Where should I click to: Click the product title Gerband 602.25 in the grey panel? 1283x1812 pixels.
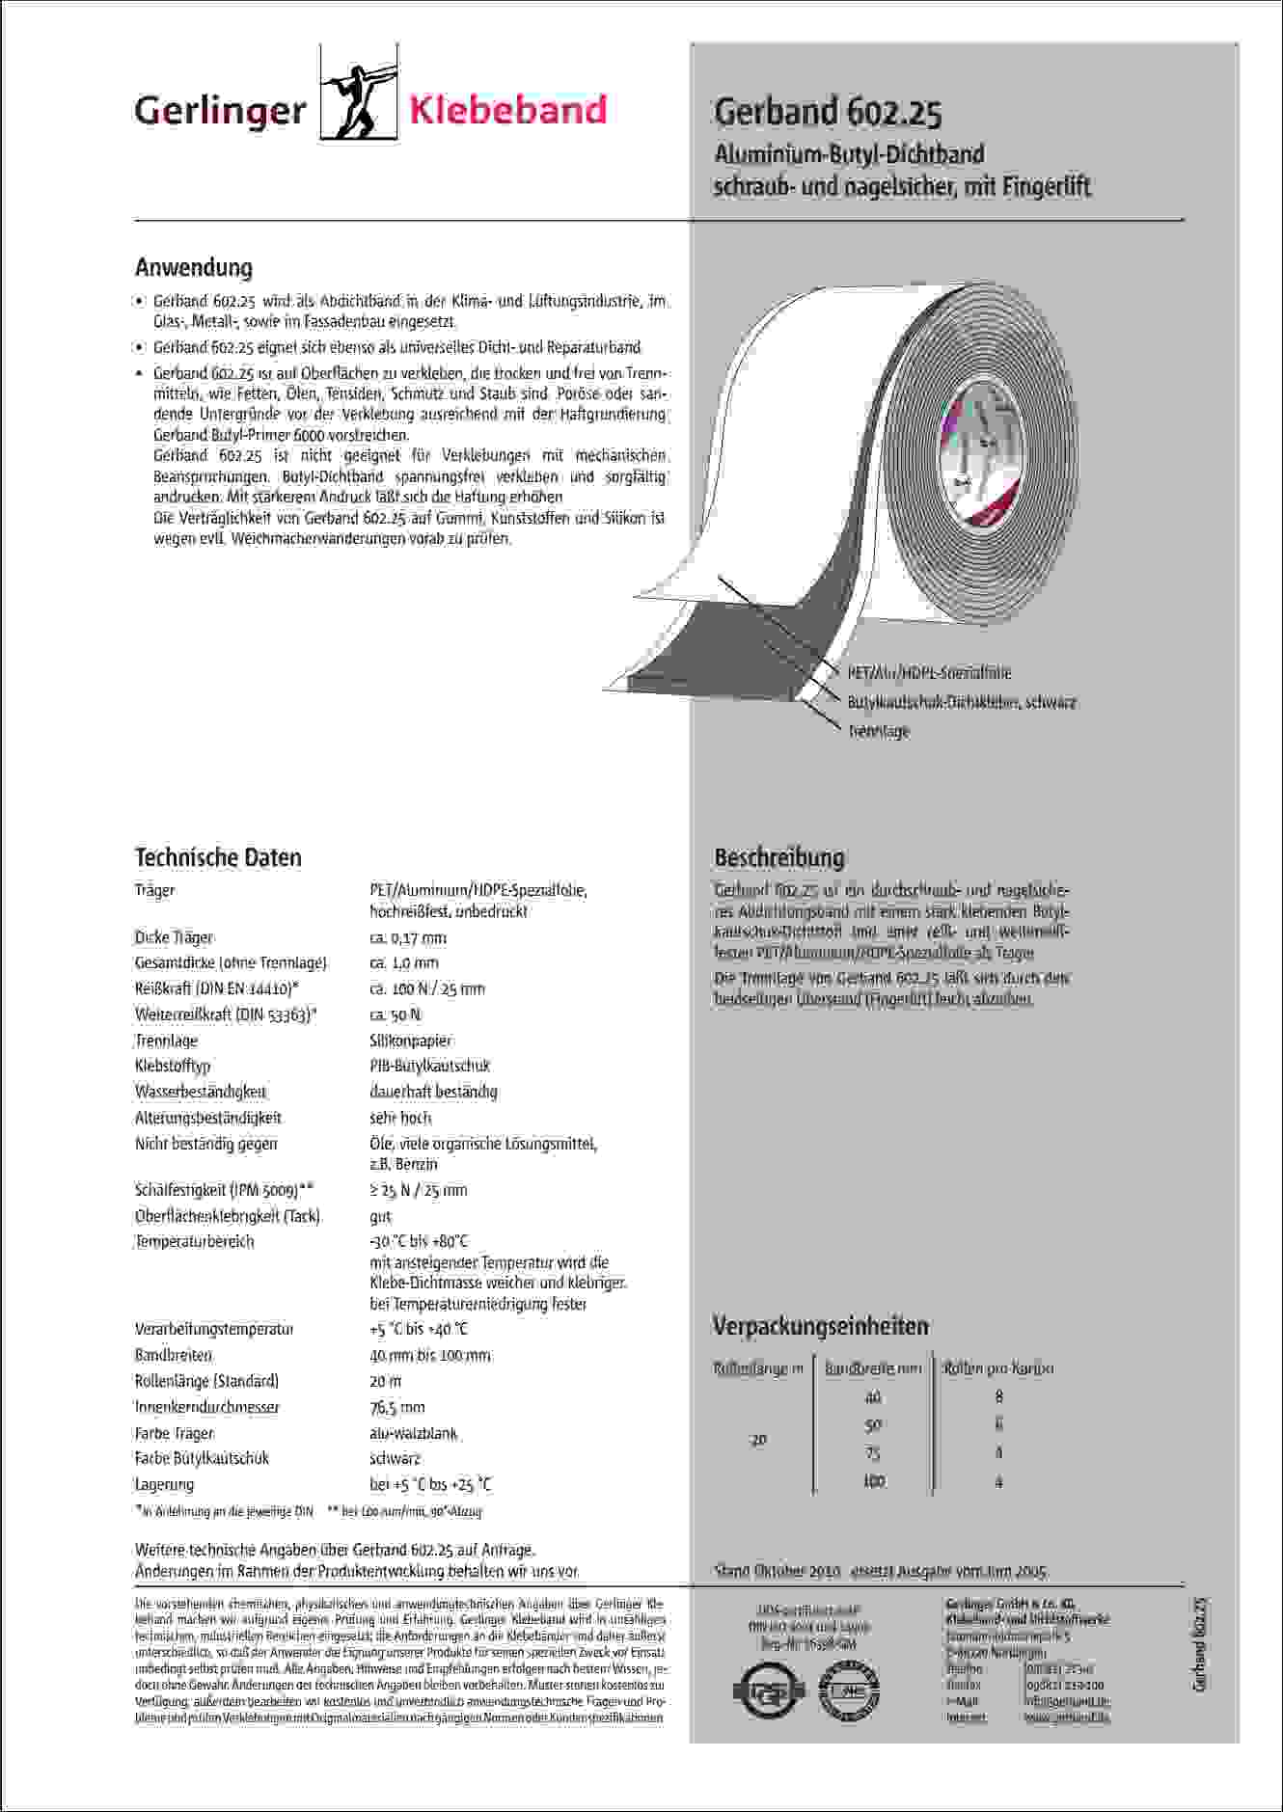[827, 113]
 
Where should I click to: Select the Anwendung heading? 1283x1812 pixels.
[194, 267]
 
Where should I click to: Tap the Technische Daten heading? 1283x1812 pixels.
[218, 857]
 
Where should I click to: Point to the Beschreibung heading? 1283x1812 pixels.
[778, 857]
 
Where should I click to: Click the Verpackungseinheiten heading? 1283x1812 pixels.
[820, 1326]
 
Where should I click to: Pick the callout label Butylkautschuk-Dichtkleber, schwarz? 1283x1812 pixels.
[961, 702]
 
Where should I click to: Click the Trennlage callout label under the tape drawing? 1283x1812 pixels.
[878, 731]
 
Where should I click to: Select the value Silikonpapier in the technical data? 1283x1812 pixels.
[411, 1041]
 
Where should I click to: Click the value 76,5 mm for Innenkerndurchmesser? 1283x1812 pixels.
[397, 1407]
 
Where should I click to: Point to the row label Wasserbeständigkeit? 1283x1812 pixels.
[201, 1092]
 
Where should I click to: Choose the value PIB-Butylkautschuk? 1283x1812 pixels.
[430, 1066]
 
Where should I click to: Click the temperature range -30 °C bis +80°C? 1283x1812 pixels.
[419, 1241]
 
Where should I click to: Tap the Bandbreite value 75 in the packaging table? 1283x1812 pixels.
[873, 1453]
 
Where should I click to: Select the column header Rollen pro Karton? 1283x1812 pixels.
[998, 1368]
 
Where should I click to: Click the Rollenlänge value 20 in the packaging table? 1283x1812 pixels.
[758, 1440]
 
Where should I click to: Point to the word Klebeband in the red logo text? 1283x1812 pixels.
[508, 111]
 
